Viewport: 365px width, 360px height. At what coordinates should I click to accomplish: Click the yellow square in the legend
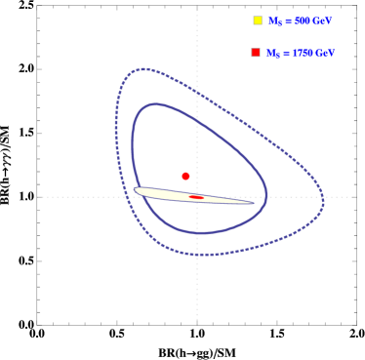click(x=258, y=20)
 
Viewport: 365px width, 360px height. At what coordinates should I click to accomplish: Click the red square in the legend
click(x=256, y=53)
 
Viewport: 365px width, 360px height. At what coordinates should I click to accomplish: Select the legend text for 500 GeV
click(x=301, y=20)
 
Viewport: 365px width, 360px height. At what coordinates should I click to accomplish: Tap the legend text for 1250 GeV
click(x=301, y=53)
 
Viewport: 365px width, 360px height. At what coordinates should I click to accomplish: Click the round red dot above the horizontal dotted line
click(x=185, y=177)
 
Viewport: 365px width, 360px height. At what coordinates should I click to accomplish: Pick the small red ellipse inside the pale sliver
click(x=196, y=197)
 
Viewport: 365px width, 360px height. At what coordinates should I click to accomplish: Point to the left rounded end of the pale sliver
click(x=137, y=190)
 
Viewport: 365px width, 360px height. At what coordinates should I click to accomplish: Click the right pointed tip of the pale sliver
click(x=253, y=203)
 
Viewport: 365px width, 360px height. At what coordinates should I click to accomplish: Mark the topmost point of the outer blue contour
click(x=143, y=69)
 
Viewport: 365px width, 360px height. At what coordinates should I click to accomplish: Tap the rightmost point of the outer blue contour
click(x=323, y=203)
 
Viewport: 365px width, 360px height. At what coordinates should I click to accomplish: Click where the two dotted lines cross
click(x=197, y=197)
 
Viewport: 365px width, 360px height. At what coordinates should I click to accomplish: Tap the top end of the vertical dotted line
click(x=197, y=11)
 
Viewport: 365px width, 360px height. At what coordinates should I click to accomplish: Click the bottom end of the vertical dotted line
click(x=197, y=320)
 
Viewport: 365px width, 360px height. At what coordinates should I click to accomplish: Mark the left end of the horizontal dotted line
click(x=38, y=197)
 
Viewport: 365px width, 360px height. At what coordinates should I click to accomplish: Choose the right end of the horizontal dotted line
click(x=353, y=197)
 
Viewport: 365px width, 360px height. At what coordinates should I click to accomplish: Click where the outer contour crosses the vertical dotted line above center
click(x=197, y=93)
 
